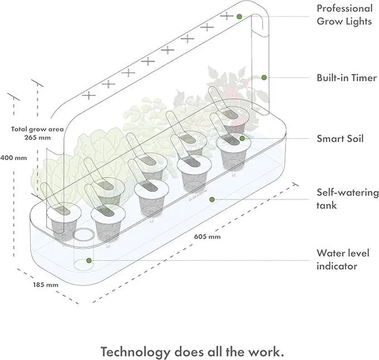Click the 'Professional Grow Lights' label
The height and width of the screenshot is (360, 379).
[344, 14]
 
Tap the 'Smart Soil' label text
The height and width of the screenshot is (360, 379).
[341, 138]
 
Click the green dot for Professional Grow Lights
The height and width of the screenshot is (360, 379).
[239, 15]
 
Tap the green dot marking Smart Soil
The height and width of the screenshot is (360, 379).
[242, 137]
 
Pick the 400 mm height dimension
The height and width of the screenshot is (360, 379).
[13, 157]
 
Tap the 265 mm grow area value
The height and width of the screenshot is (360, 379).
[38, 136]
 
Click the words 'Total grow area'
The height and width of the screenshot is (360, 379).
[37, 129]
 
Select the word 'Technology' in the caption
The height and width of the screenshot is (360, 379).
[136, 352]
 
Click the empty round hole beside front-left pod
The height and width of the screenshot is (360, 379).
[82, 235]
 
